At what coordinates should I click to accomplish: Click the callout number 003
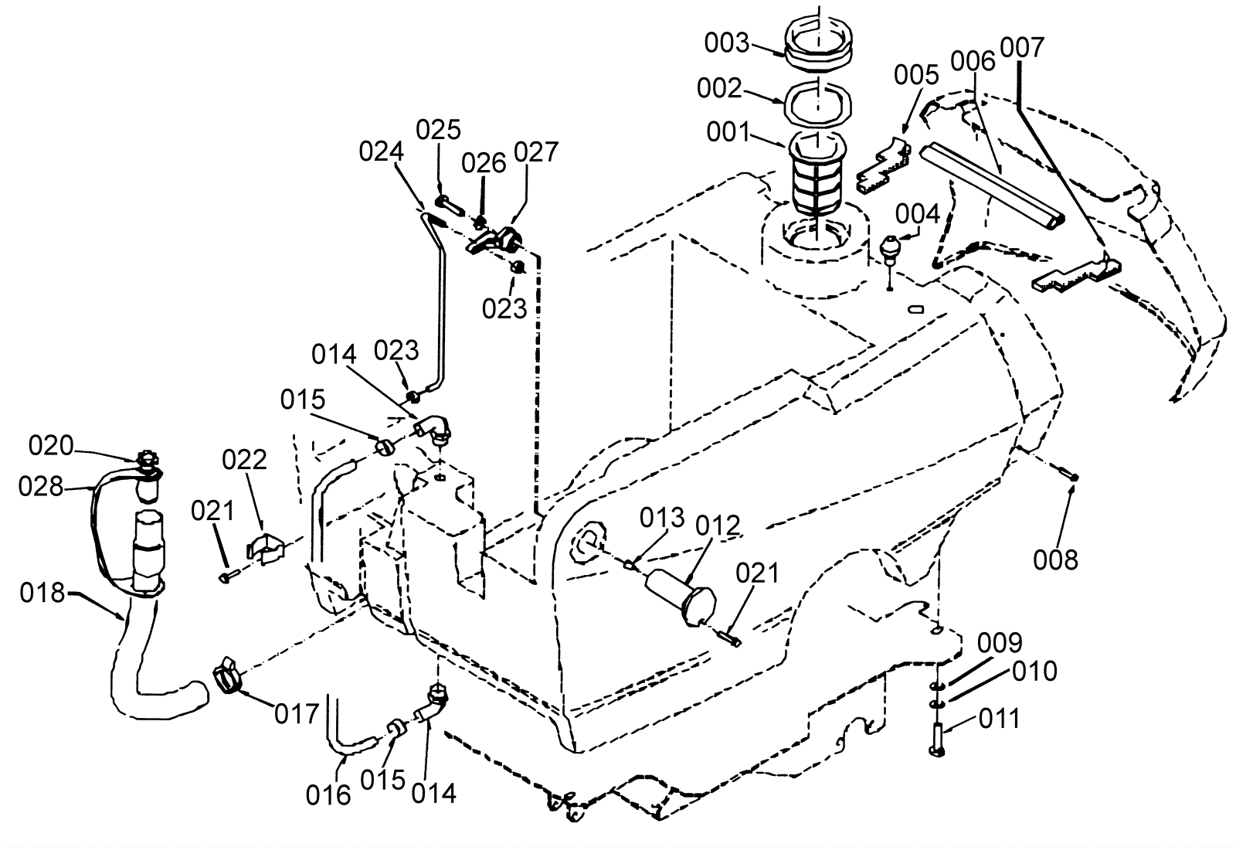pos(727,43)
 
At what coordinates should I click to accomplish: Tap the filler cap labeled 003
pos(819,42)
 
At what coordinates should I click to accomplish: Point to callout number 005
pos(916,75)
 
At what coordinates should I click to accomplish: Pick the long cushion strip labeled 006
pos(992,185)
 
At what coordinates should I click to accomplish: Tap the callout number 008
pos(1055,560)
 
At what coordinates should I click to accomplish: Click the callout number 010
pos(1034,672)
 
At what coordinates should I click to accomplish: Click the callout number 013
pos(662,518)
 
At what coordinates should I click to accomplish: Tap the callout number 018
pos(42,593)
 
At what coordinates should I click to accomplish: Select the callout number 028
pos(41,486)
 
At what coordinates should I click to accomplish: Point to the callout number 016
pos(328,795)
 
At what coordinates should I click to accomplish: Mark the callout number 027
pos(536,151)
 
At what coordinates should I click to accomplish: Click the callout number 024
pos(382,151)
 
